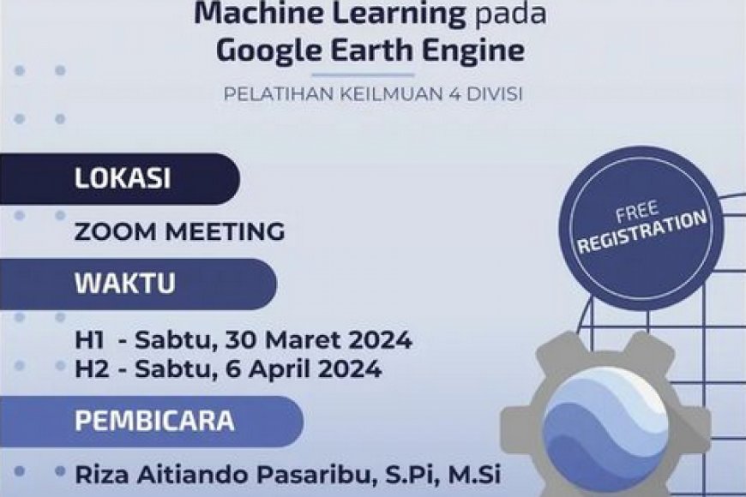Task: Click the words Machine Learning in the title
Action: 330,13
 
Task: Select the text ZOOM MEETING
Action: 179,231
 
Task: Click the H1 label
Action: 89,340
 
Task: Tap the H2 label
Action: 90,369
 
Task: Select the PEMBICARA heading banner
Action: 154,422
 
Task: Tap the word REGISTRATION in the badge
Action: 642,232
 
